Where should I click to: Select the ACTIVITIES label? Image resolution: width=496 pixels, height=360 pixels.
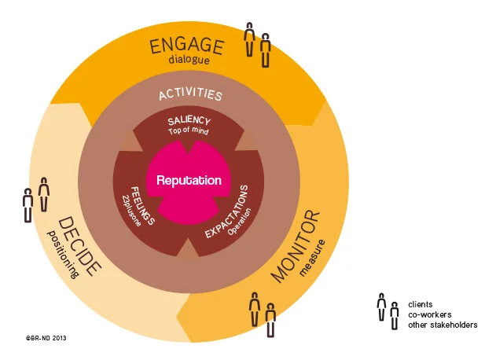[x=190, y=95]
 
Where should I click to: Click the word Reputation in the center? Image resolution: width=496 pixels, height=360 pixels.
[x=189, y=180]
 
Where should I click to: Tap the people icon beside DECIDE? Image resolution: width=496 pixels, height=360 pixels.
[x=35, y=198]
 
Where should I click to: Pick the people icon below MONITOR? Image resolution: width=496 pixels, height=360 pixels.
[x=263, y=312]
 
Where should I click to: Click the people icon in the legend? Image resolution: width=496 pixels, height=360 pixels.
[x=388, y=311]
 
